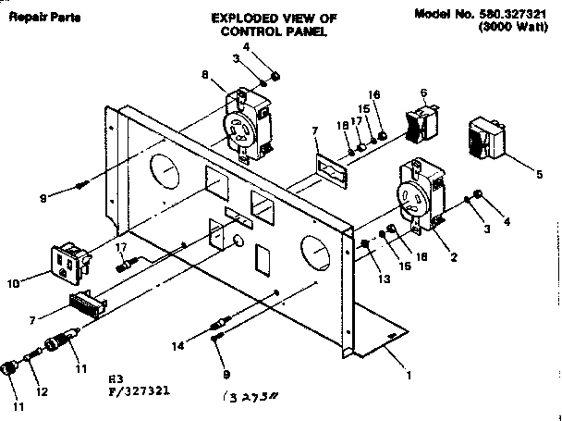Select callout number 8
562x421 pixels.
tap(204, 77)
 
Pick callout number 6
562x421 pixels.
tap(422, 93)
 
